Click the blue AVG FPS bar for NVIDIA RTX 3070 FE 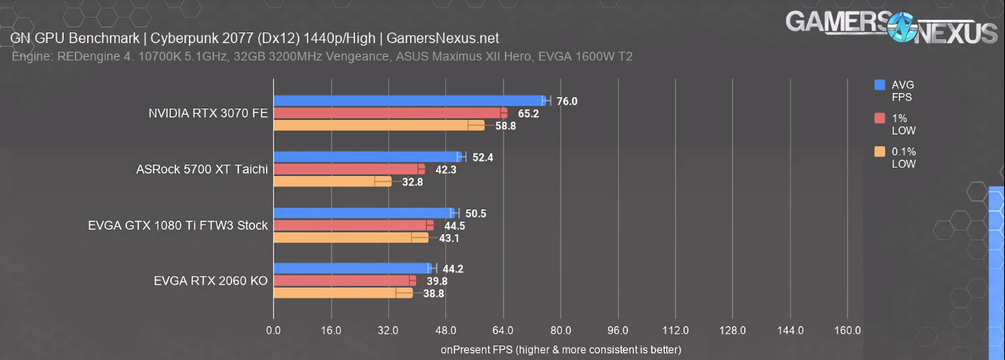[x=408, y=101]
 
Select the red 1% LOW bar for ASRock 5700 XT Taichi [x=346, y=169]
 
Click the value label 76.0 [x=567, y=102]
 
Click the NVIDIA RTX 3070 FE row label [x=208, y=113]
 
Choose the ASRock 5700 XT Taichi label [x=201, y=169]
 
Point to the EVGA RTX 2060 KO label [x=211, y=281]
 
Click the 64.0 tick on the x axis [x=503, y=331]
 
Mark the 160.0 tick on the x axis [x=847, y=331]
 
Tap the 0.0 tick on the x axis [x=273, y=331]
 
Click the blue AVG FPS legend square [x=880, y=85]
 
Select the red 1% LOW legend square [x=880, y=118]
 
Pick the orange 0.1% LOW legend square [x=880, y=152]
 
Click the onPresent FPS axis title [x=561, y=350]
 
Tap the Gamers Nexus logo [x=890, y=28]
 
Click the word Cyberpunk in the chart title [x=182, y=38]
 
